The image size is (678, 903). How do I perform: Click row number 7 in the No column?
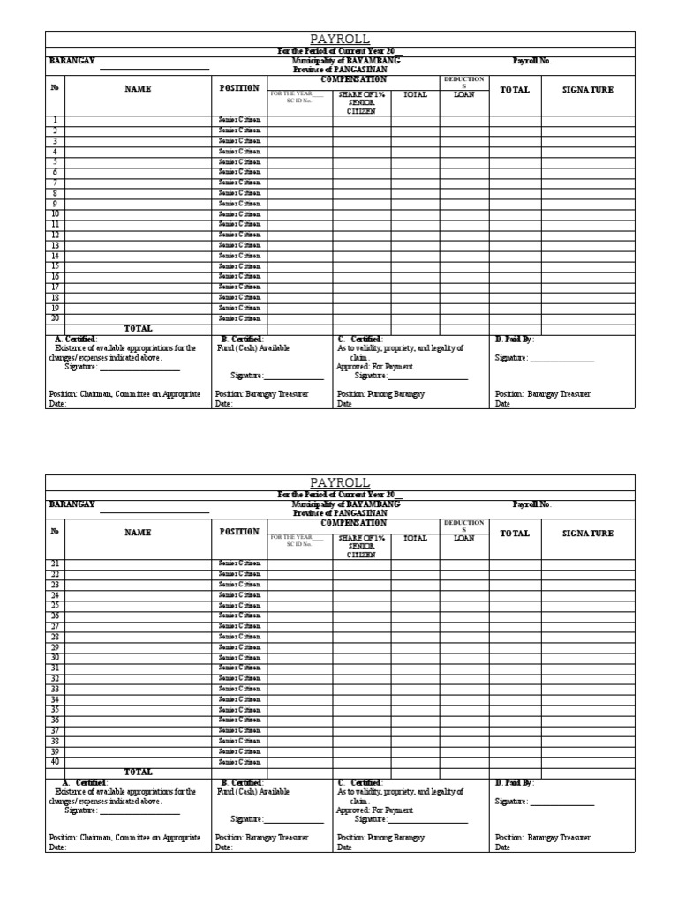click(55, 183)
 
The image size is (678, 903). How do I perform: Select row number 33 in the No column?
click(55, 689)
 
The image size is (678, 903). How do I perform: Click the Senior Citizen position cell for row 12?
click(240, 235)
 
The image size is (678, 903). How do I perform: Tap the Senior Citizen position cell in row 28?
click(240, 637)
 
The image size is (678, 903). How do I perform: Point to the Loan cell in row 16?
click(464, 276)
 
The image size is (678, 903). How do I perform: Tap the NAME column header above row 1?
click(138, 89)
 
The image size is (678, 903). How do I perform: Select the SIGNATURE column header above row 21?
click(588, 533)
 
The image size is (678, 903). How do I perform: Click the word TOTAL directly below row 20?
click(138, 328)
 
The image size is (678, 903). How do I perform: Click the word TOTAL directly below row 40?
click(138, 772)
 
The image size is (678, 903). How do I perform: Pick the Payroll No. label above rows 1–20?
click(532, 62)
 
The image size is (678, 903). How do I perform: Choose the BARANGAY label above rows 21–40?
click(72, 504)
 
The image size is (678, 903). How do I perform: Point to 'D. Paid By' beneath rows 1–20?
click(515, 339)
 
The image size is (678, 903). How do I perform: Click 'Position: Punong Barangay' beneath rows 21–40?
click(380, 837)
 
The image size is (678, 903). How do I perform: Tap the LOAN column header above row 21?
click(464, 537)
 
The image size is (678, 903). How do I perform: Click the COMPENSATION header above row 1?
click(353, 79)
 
